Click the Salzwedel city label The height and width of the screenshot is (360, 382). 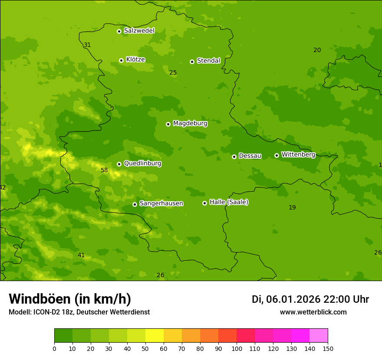coord(139,31)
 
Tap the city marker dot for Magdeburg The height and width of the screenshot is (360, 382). coord(168,124)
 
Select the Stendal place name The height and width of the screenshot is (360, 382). coord(208,61)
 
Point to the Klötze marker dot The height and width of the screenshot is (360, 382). coord(121,60)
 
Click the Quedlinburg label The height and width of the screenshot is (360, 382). coord(142,164)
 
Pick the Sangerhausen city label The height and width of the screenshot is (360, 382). coord(161,203)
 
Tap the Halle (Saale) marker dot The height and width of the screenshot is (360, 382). coord(205,203)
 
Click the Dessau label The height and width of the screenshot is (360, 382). coord(250,156)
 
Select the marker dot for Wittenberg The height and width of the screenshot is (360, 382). coord(277,155)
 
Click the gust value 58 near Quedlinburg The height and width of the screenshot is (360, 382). coord(104,170)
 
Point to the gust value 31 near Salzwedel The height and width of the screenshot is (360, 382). coord(87,45)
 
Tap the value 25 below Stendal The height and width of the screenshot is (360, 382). coord(173,73)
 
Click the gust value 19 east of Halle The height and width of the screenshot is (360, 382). coord(292,208)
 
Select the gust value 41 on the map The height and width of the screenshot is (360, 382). coord(81,255)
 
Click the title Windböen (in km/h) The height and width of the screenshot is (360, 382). coord(70,299)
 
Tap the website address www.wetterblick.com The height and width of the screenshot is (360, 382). coord(313,312)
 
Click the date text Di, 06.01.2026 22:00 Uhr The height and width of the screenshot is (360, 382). coord(310,299)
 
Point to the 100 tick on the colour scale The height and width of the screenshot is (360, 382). coord(237,348)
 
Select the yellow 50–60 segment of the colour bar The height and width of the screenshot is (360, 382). coord(155,336)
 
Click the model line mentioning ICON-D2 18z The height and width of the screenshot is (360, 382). coord(79,312)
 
